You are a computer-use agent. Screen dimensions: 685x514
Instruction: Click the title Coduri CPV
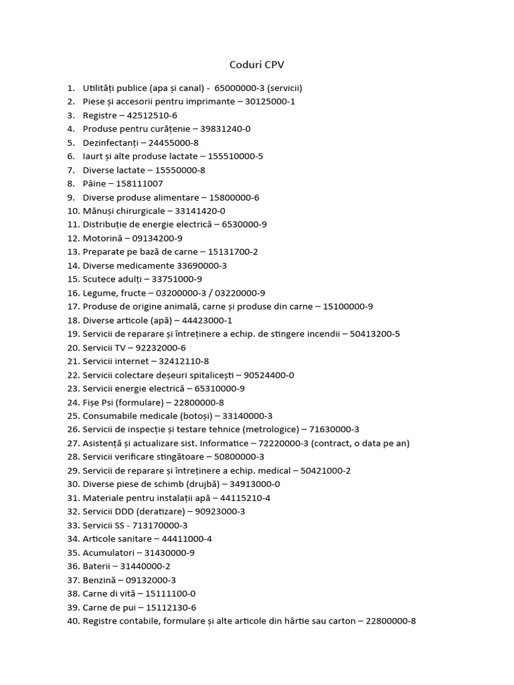[257, 64]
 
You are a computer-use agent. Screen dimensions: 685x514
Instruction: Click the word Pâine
[96, 183]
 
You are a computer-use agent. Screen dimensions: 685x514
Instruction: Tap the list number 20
[73, 347]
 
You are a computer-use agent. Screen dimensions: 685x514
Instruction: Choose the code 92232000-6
[160, 347]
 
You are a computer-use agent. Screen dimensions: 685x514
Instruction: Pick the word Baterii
[97, 566]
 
